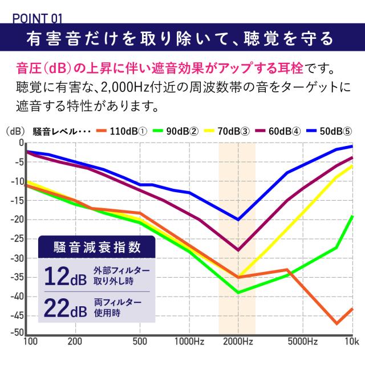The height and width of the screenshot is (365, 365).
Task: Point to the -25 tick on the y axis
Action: point(17,239)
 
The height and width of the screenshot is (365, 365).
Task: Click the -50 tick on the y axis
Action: point(17,333)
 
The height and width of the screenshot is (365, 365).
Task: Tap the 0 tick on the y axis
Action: point(21,143)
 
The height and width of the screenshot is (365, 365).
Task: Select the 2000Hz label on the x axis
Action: point(238,342)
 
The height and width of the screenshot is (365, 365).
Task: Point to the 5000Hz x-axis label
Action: point(303,342)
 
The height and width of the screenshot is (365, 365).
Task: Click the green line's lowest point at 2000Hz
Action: point(238,293)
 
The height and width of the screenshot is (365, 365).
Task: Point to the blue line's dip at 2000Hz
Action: point(238,220)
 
